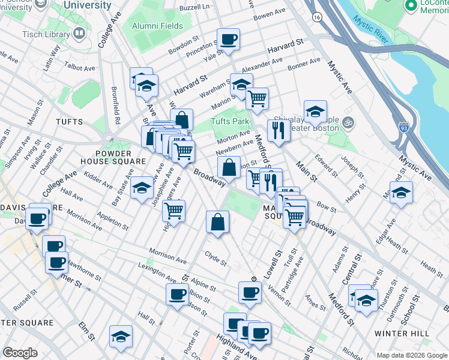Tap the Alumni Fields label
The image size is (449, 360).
[x=158, y=26]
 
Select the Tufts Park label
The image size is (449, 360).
[x=229, y=121]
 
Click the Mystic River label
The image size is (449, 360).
[x=372, y=28]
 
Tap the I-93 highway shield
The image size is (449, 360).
[x=405, y=127]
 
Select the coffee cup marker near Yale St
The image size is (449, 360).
[x=228, y=40]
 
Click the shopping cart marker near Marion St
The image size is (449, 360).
[x=257, y=99]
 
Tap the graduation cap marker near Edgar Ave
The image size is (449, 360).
[x=401, y=193]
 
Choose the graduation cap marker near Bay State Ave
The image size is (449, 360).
[x=142, y=188]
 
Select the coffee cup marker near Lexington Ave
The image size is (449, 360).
[x=177, y=295]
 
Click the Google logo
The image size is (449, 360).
[x=20, y=353]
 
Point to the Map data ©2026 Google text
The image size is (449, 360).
[x=412, y=355]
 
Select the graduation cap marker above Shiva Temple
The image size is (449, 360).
[x=315, y=112]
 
